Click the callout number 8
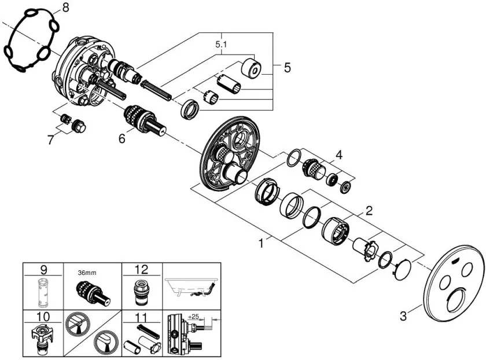pos(65,8)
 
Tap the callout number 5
pos(287,68)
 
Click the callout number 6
pos(122,139)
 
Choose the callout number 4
pos(339,155)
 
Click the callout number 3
pos(404,316)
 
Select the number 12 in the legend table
pos(141,269)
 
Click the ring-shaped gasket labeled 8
pos(32,42)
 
